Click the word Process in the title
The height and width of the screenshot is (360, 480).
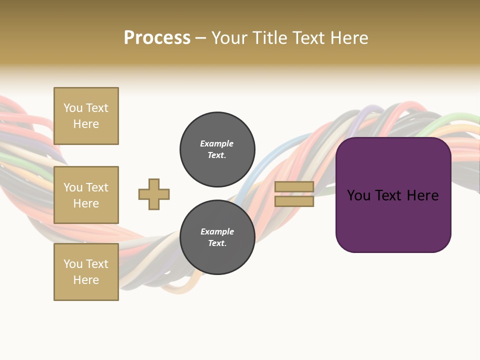pos(157,37)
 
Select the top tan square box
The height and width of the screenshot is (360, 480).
pos(86,116)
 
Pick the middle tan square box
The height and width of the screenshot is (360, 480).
pos(86,195)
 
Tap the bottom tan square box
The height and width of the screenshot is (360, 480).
pos(86,272)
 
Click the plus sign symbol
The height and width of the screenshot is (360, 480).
pos(154,194)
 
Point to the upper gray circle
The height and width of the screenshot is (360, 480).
pos(217,149)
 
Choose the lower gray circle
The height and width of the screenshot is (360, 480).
pos(217,237)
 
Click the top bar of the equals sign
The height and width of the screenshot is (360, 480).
pos(294,186)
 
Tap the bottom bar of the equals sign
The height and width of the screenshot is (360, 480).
pos(294,201)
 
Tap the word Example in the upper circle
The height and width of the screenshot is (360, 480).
pos(216,143)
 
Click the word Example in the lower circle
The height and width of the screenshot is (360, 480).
pos(217,231)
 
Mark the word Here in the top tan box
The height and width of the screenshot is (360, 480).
pos(86,124)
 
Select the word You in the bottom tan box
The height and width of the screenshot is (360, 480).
pos(73,263)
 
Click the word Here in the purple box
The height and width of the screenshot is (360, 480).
pos(422,195)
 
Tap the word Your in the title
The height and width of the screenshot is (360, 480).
pos(231,37)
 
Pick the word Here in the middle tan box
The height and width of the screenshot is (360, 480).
pos(86,203)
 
